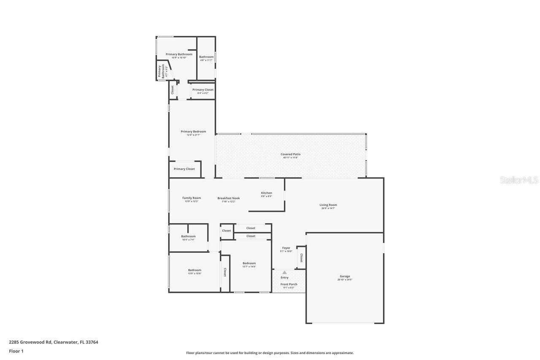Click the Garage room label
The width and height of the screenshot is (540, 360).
point(345,276)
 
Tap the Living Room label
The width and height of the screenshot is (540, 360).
point(328,205)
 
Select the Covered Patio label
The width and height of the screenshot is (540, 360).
point(290,154)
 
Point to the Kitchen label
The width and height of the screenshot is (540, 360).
point(266,193)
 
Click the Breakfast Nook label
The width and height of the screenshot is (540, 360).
point(228,198)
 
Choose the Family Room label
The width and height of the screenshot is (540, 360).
point(192,198)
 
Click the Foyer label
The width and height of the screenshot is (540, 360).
point(286,248)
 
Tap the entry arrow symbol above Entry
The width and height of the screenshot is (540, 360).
point(284,273)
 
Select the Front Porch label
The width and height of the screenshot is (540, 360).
point(289,284)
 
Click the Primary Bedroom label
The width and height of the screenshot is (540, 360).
point(193,132)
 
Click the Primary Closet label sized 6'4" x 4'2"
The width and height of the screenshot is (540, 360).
point(202,90)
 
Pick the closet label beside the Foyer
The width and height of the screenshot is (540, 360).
point(301,257)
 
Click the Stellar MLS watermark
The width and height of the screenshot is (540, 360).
point(519,180)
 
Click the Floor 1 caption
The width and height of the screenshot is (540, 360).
point(16,351)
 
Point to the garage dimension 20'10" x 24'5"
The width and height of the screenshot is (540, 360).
point(345,280)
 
